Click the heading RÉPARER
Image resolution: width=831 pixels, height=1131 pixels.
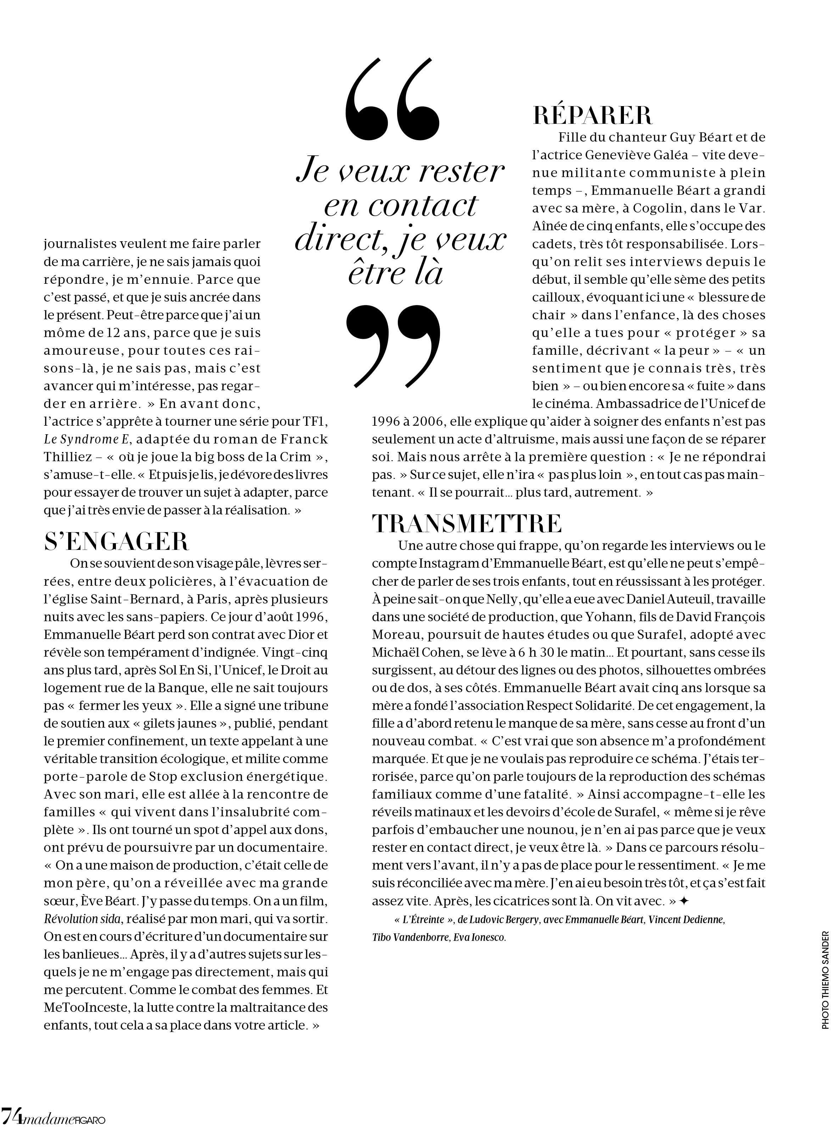[x=592, y=116]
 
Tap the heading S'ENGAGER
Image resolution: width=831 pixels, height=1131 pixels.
[x=116, y=542]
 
